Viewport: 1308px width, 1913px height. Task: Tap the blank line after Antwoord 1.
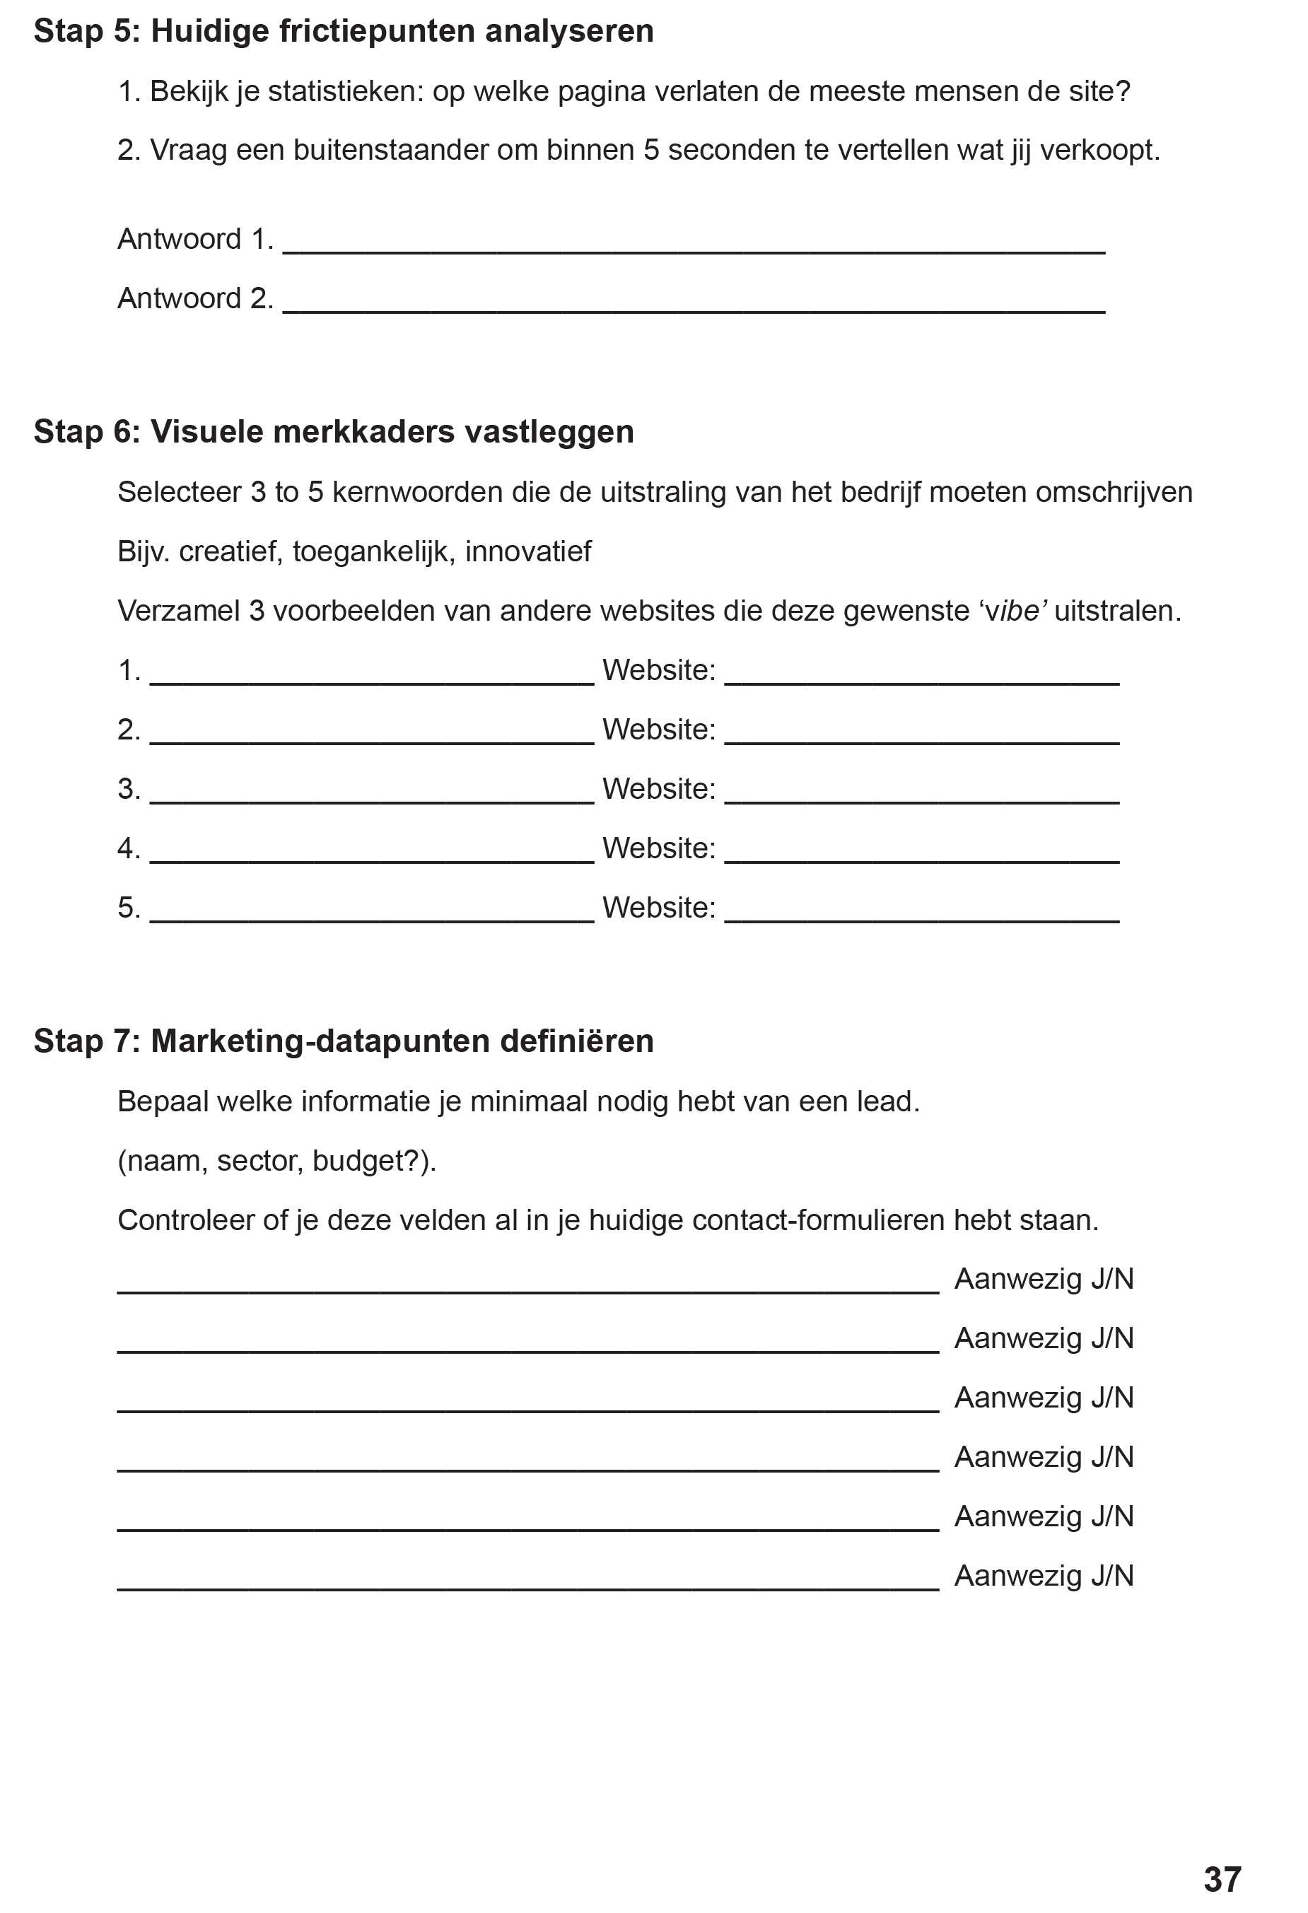point(693,247)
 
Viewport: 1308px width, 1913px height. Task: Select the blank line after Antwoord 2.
point(693,306)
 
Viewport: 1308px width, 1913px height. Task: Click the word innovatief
point(527,551)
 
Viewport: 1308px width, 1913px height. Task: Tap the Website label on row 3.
point(658,788)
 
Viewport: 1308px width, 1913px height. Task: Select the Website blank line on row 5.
point(922,915)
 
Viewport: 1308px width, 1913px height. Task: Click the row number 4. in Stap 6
point(129,848)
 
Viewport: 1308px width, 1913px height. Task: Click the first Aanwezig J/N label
point(1044,1279)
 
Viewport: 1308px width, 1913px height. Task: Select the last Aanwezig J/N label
point(1044,1576)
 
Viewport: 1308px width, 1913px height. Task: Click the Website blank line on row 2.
point(922,737)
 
